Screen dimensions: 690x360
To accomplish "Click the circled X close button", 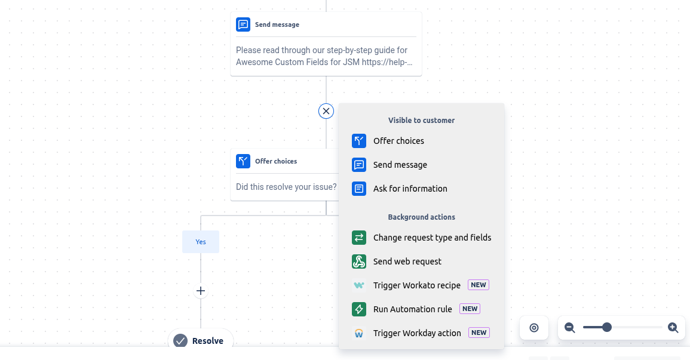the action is pyautogui.click(x=326, y=111).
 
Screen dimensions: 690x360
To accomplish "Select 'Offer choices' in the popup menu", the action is pyautogui.click(x=398, y=141).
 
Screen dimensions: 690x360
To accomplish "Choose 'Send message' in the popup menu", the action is pyautogui.click(x=400, y=165).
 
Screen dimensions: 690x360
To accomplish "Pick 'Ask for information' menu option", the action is pyautogui.click(x=410, y=189).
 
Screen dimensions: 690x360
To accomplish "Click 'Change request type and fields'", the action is pyautogui.click(x=432, y=238).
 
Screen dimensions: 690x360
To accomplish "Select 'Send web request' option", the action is pyautogui.click(x=407, y=261).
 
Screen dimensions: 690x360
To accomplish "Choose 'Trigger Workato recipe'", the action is pyautogui.click(x=417, y=285).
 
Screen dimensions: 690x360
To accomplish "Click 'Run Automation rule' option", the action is pyautogui.click(x=412, y=309).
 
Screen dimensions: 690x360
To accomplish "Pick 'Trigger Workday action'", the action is pyautogui.click(x=417, y=333).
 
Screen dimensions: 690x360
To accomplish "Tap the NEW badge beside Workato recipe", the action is pyautogui.click(x=479, y=285).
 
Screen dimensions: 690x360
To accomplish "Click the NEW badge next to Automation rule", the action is pyautogui.click(x=470, y=309).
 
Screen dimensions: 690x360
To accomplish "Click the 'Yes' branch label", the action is pyautogui.click(x=201, y=242).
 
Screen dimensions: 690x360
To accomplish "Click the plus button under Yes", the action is pyautogui.click(x=201, y=291).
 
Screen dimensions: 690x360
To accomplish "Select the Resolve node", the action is pyautogui.click(x=201, y=341).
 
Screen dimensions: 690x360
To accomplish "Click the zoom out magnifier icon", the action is pyautogui.click(x=570, y=328).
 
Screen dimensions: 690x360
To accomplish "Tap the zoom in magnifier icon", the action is pyautogui.click(x=673, y=328).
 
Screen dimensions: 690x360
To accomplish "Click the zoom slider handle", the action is pyautogui.click(x=607, y=327).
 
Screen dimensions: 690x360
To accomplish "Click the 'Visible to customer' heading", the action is pyautogui.click(x=421, y=121).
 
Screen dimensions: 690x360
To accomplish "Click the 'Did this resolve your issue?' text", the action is pyautogui.click(x=287, y=187).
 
